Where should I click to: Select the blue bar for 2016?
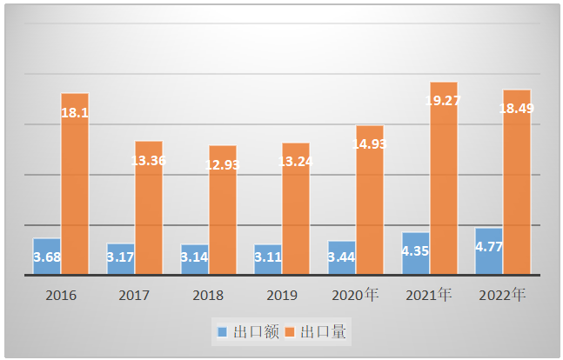coord(46,257)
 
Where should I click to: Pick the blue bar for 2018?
coord(194,259)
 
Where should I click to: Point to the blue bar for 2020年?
coord(341,257)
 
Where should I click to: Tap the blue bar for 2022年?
coord(489,251)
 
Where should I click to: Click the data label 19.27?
coord(443,101)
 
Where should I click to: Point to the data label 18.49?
coord(517,109)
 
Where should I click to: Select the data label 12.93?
coord(222,164)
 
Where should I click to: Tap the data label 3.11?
coord(268,257)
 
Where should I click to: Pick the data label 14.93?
coord(369,144)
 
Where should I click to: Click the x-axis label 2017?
coord(135,296)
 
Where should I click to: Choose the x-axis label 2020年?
coord(356,295)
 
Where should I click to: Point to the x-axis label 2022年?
coord(503,295)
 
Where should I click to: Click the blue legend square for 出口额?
coord(222,332)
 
